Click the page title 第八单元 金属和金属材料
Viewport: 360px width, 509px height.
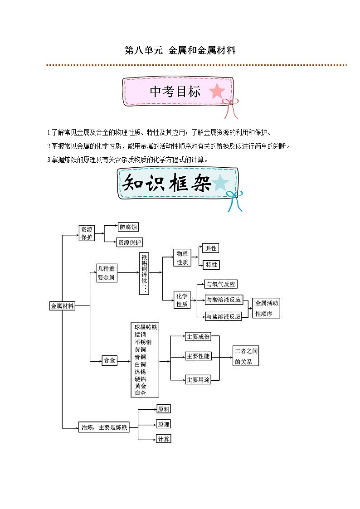tap(180, 50)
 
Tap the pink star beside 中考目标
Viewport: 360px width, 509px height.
tap(217, 91)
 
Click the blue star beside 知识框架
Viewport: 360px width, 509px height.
tap(221, 182)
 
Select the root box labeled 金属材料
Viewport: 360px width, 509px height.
tap(62, 306)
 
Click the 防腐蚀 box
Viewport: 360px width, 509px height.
tap(128, 228)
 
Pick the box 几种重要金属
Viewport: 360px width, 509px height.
tap(107, 273)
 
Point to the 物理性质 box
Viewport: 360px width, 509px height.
tap(182, 258)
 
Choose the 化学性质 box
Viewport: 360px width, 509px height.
tap(182, 301)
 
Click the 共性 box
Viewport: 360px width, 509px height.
tap(211, 248)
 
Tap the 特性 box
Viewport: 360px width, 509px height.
tap(211, 265)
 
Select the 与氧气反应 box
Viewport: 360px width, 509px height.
tap(221, 284)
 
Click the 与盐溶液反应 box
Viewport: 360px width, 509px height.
tap(223, 316)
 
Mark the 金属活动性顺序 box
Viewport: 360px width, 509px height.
tap(267, 308)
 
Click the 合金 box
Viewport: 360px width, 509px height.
tap(109, 360)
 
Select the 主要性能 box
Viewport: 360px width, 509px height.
tap(198, 356)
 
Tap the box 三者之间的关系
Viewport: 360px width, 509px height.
tap(246, 356)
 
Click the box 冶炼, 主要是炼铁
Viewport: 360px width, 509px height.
tap(104, 427)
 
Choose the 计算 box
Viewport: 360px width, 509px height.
tap(163, 439)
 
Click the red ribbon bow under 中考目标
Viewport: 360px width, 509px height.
tap(230, 109)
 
